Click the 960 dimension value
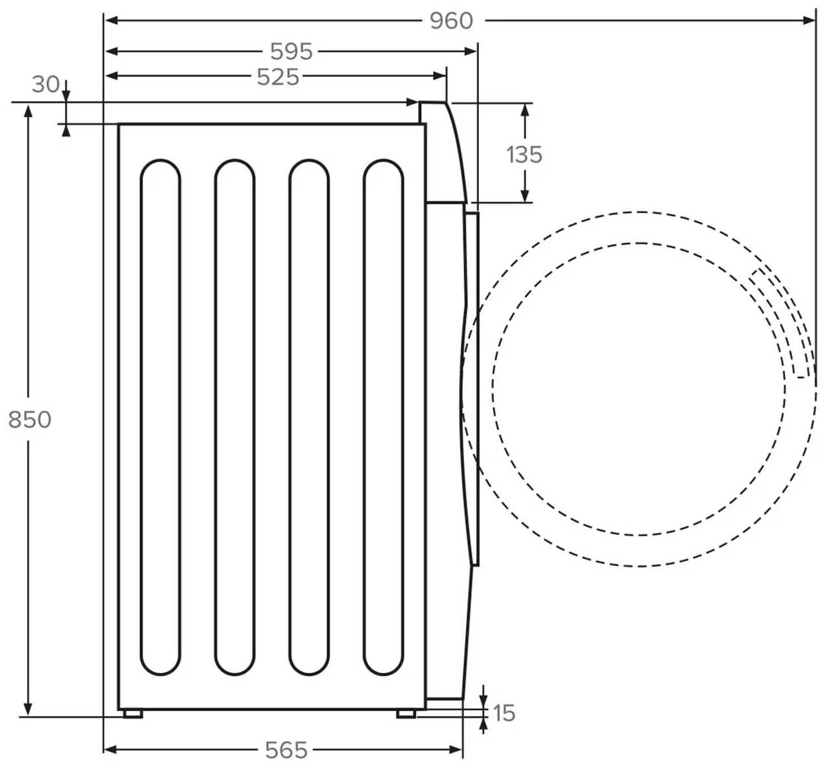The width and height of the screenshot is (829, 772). (x=451, y=21)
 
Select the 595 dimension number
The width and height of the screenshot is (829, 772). (x=291, y=51)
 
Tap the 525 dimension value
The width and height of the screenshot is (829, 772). (x=278, y=77)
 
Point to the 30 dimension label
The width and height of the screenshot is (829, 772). (x=45, y=84)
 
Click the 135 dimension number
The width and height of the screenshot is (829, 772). (x=524, y=155)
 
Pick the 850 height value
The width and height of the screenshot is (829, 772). (x=30, y=420)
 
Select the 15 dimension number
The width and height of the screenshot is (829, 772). (x=504, y=713)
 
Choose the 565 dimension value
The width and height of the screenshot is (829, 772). (x=286, y=750)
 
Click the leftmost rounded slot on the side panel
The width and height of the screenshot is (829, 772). (x=160, y=417)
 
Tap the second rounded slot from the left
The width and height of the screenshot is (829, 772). (x=235, y=417)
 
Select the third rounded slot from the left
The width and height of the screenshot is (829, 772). (x=309, y=417)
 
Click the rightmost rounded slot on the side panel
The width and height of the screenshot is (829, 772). (x=383, y=417)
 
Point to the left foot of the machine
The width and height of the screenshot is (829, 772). (x=133, y=714)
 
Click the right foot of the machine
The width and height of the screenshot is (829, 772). (x=406, y=714)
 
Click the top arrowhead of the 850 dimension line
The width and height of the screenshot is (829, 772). (x=28, y=110)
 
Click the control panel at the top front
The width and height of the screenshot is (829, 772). (x=444, y=152)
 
